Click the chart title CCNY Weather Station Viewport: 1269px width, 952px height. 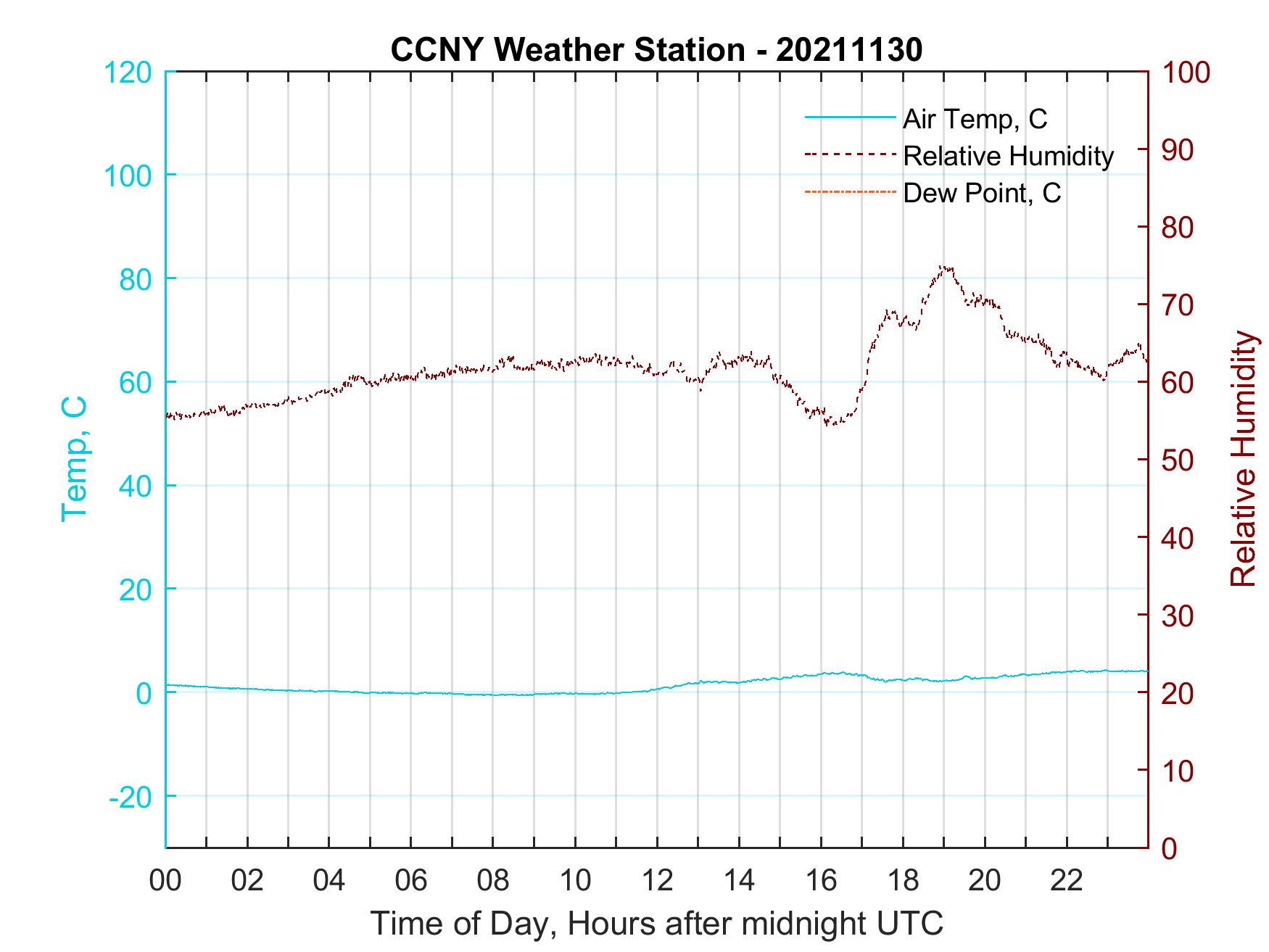pyautogui.click(x=656, y=50)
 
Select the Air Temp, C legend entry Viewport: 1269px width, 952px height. pyautogui.click(x=974, y=119)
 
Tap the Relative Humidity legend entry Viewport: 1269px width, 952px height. pyautogui.click(x=1008, y=156)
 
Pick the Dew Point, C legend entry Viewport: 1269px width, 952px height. pyautogui.click(x=981, y=194)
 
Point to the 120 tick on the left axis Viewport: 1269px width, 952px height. pyautogui.click(x=128, y=73)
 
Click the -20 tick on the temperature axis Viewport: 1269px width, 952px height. pyautogui.click(x=131, y=797)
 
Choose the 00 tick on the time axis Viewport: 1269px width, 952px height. pyautogui.click(x=166, y=880)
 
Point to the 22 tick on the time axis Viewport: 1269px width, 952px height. pyautogui.click(x=1067, y=880)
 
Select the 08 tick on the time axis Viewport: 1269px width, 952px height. pyautogui.click(x=493, y=880)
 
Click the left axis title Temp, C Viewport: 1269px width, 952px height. pyautogui.click(x=75, y=459)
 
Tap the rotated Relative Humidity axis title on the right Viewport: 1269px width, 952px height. pyautogui.click(x=1243, y=459)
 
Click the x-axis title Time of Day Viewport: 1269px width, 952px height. pyautogui.click(x=656, y=924)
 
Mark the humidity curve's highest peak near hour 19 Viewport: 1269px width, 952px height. pyautogui.click(x=943, y=267)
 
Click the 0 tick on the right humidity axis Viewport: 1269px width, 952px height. pyautogui.click(x=1170, y=848)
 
